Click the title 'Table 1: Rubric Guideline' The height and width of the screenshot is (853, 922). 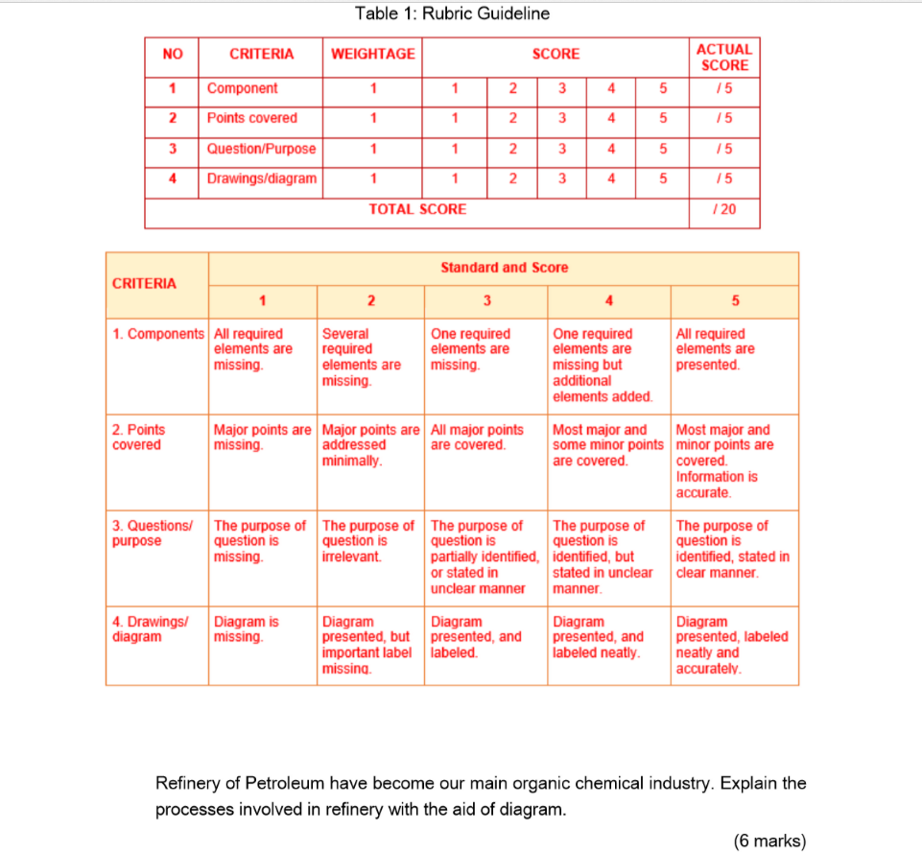452,13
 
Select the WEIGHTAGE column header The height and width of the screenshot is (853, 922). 373,54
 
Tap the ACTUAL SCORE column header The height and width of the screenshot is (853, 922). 724,57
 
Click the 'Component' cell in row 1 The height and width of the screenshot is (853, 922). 243,88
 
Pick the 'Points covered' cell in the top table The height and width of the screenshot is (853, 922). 252,118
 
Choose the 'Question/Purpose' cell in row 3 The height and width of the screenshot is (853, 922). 261,149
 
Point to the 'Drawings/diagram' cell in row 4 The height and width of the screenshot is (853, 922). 261,178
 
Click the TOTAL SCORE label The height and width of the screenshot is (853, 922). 417,208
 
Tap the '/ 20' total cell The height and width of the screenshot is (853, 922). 724,208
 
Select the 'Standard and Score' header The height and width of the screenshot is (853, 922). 504,268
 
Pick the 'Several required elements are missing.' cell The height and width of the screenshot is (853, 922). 362,357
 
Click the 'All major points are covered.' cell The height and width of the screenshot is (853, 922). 478,438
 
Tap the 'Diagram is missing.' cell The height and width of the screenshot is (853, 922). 247,629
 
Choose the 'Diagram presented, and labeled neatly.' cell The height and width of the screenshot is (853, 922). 598,637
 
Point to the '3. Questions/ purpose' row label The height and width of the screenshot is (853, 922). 153,533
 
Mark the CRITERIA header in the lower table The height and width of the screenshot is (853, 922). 145,283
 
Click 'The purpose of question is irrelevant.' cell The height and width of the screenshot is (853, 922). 367,541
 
